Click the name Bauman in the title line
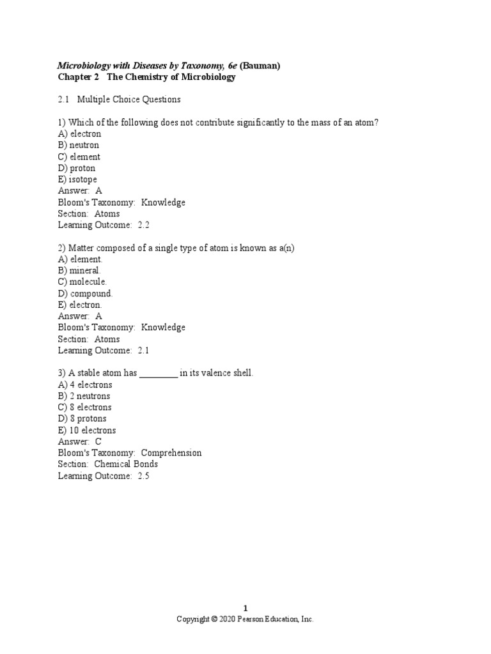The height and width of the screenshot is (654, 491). tap(260, 65)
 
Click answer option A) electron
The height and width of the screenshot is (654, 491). tap(79, 133)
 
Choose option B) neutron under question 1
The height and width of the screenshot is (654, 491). tap(79, 145)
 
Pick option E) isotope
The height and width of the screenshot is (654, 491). tap(77, 179)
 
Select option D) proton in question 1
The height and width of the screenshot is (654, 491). tap(77, 168)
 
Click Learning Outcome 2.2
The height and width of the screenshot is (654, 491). tap(104, 225)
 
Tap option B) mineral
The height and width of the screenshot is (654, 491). tap(79, 270)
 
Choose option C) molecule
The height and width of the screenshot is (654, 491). tap(82, 282)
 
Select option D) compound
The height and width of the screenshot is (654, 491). tap(85, 293)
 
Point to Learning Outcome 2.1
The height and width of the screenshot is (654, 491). tap(104, 350)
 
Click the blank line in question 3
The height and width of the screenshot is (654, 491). tap(158, 374)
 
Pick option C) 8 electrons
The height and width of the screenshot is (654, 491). tap(84, 407)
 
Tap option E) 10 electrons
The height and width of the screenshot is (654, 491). tap(87, 430)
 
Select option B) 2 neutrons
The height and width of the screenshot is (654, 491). tap(84, 396)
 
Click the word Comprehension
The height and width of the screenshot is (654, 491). tap(171, 453)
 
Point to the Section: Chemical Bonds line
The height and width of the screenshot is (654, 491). tap(107, 464)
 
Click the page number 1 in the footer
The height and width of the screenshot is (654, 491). tap(245, 608)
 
